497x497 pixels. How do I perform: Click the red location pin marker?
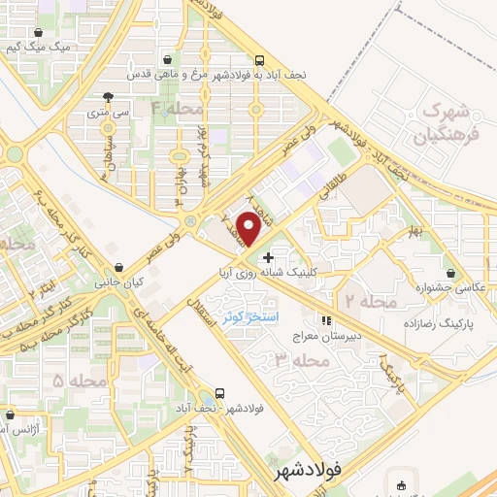tap(248, 228)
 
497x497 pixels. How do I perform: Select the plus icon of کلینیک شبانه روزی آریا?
tap(269, 256)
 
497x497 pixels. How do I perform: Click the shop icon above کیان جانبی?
tap(118, 267)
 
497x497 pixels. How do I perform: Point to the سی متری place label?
tap(108, 114)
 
